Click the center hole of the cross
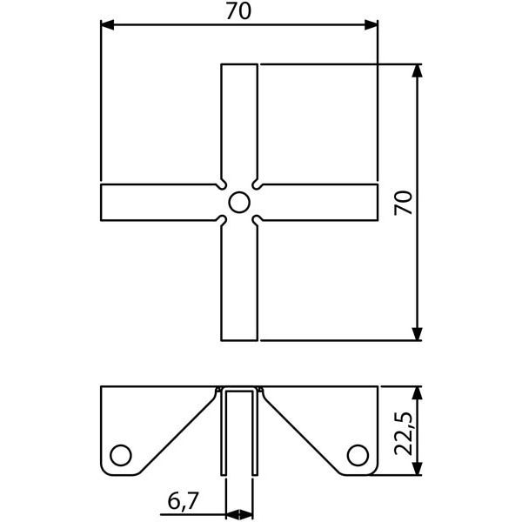(239, 203)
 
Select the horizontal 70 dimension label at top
(238, 11)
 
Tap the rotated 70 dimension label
(404, 202)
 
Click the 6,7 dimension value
(183, 500)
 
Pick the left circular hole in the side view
(121, 454)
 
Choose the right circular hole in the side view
(358, 454)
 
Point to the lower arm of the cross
(239, 283)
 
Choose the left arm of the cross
(157, 203)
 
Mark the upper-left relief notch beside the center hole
(221, 184)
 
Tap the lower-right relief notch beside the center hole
(258, 221)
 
